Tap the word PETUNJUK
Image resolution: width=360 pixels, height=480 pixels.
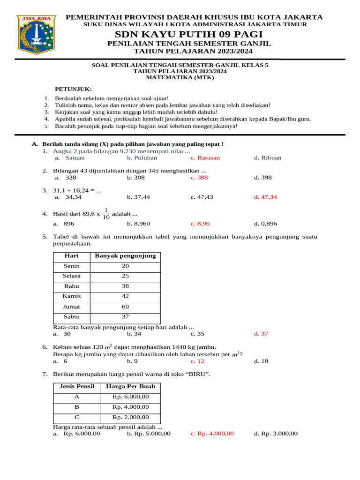tap(74, 89)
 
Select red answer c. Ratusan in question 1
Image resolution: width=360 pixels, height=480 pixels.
tap(205, 158)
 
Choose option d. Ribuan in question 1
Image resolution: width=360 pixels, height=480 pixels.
tap(268, 158)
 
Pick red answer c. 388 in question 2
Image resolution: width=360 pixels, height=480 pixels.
tap(199, 178)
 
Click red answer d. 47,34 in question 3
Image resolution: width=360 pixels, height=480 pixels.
tap(265, 197)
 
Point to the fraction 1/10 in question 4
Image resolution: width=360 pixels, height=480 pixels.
tap(106, 213)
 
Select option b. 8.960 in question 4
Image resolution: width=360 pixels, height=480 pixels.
tap(138, 224)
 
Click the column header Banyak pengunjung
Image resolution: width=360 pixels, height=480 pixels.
tap(125, 256)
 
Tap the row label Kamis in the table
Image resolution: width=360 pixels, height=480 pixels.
tap(72, 296)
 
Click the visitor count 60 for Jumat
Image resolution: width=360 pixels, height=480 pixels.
tap(125, 307)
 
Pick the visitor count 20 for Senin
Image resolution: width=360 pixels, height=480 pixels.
tap(125, 266)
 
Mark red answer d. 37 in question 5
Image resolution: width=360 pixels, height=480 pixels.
tap(261, 334)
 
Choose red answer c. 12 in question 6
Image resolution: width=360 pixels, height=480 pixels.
tap(197, 361)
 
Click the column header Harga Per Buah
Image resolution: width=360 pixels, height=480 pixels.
tap(131, 387)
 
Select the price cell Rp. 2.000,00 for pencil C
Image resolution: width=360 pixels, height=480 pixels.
tap(131, 417)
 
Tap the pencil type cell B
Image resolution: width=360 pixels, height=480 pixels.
tap(77, 407)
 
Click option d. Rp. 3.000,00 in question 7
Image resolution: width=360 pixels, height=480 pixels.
tap(276, 434)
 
